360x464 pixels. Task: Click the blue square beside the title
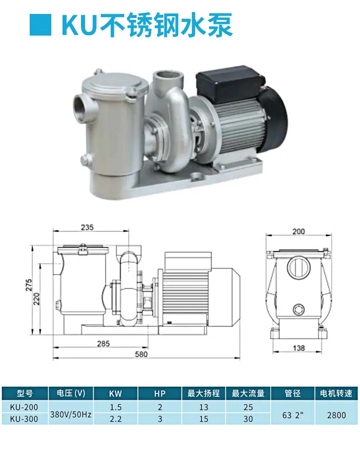40,25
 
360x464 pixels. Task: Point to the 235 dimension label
87,227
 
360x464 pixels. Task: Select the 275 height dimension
29,285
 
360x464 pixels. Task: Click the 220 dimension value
36,299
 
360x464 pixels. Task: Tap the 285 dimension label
103,344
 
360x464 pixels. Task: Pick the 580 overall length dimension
141,354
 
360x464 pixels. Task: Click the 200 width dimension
298,232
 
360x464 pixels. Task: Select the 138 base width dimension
299,348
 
